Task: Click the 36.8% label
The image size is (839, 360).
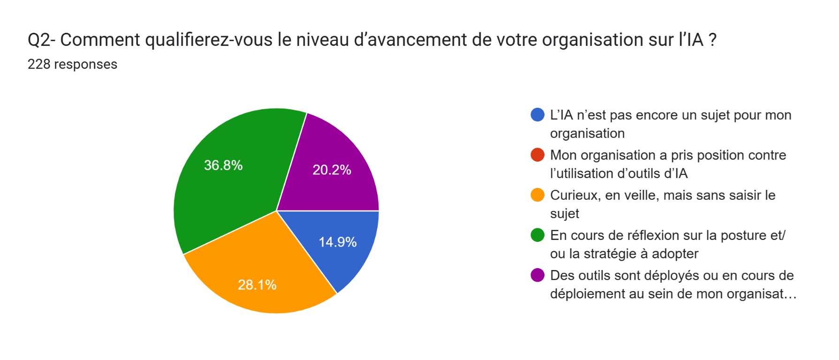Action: (x=223, y=165)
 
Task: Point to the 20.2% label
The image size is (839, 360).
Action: (x=332, y=170)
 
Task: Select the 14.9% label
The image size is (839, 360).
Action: (x=338, y=242)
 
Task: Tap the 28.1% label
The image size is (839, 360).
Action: (x=257, y=285)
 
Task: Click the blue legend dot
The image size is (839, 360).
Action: (x=537, y=115)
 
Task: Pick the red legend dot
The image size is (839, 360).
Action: (x=537, y=155)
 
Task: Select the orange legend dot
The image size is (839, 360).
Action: (x=537, y=195)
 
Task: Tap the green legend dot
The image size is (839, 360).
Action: (x=537, y=235)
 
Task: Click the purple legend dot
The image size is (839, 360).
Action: (x=537, y=275)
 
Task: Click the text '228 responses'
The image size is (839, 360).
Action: (x=72, y=64)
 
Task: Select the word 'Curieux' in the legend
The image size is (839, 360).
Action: (x=575, y=195)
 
